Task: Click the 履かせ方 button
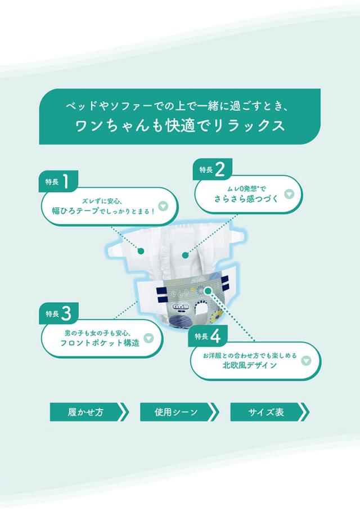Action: tap(89, 412)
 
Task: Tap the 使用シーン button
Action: tap(179, 412)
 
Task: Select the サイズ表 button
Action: tap(270, 412)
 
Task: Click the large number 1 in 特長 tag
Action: tap(66, 181)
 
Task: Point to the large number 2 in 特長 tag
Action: tap(220, 169)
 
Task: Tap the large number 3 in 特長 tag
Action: tap(66, 313)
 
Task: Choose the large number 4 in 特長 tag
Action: tap(215, 335)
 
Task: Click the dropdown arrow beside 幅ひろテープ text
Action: tap(163, 207)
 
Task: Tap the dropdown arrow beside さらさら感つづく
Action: tap(289, 194)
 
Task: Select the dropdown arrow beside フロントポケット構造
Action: tap(148, 338)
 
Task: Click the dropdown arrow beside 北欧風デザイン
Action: tap(306, 361)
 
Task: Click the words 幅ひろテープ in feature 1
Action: tap(75, 211)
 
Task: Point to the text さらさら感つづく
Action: tap(246, 198)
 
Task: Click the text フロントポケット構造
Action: tap(100, 343)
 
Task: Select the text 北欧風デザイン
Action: tap(250, 365)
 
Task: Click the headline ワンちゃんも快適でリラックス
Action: tap(180, 126)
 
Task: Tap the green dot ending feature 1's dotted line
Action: tap(141, 251)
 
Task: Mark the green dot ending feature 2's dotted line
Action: tap(186, 255)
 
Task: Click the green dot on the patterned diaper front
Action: tap(208, 291)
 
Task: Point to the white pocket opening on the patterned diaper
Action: tap(202, 310)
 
